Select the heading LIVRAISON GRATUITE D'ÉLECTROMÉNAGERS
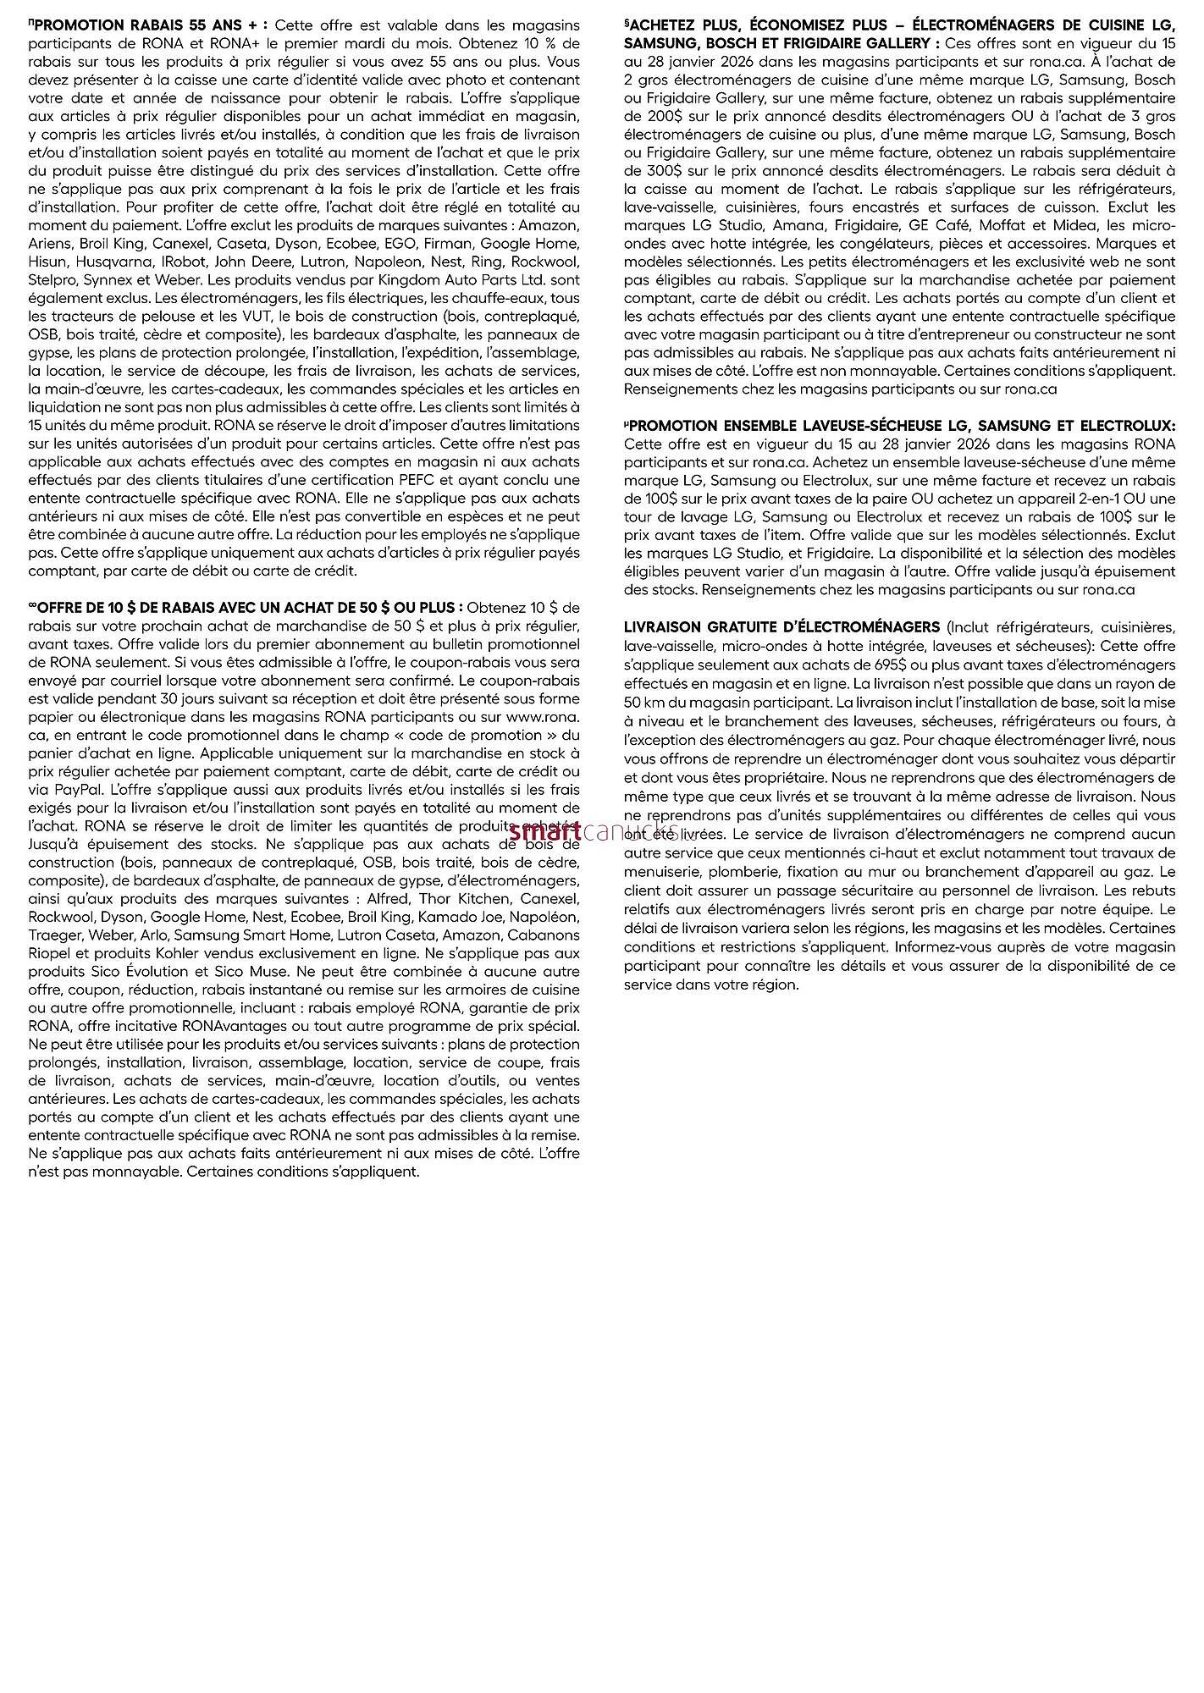click(x=781, y=627)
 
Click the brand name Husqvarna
click(x=118, y=262)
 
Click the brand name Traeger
click(x=55, y=935)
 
